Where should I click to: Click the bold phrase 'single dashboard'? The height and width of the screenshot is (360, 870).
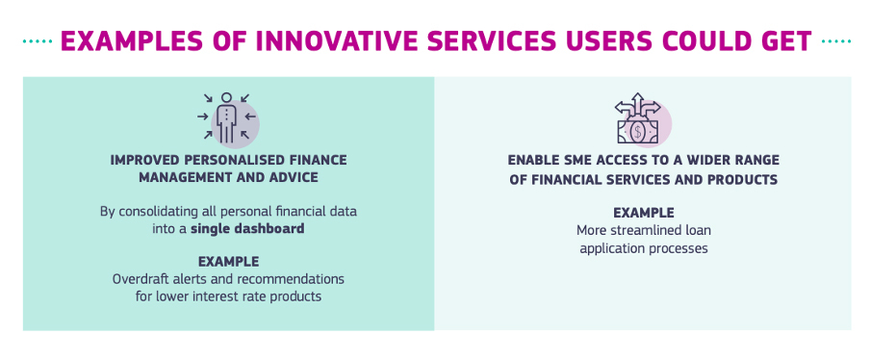[247, 228]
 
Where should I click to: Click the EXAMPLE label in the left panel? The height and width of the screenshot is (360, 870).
[228, 262]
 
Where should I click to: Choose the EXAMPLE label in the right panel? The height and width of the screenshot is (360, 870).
[643, 213]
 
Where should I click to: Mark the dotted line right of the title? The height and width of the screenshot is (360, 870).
[835, 41]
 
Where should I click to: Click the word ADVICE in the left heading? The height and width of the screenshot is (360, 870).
[291, 177]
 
